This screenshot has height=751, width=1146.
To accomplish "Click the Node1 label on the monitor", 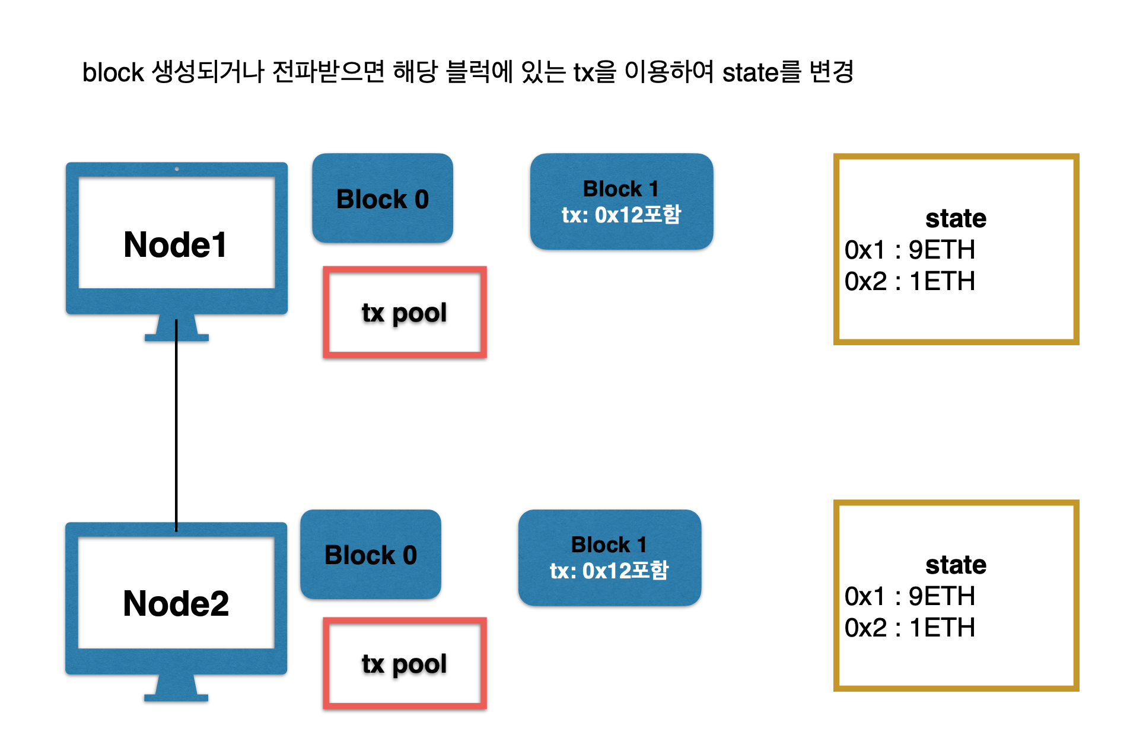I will pos(175,244).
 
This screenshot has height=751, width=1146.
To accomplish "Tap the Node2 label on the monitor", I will pos(176,603).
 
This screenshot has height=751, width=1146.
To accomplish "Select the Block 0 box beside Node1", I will pos(382,199).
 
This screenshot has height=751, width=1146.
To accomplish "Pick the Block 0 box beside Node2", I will pos(370,555).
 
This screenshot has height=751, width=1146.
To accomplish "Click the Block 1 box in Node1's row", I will pos(621,201).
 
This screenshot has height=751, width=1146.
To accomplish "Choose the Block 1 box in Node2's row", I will pos(609,558).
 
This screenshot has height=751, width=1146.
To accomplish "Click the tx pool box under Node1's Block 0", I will pos(405,313).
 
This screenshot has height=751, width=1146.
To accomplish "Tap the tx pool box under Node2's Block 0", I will pos(405,664).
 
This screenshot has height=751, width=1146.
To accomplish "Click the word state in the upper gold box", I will pos(956,218).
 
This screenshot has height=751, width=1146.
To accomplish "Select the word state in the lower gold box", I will pos(956,565).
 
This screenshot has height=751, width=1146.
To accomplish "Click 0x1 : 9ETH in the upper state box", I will pos(909,250).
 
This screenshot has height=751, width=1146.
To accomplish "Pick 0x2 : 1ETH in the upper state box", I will pos(909,281).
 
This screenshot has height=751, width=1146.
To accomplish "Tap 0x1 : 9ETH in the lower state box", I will pos(909,596).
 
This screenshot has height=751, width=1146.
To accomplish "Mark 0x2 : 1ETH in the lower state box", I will pos(909,628).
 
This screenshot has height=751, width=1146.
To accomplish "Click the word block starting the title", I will pos(113,73).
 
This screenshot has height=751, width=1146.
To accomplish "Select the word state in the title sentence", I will pos(750,73).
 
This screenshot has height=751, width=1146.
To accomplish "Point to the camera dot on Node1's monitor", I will pos(177,169).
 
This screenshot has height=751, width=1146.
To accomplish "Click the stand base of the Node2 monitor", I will pos(176,698).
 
